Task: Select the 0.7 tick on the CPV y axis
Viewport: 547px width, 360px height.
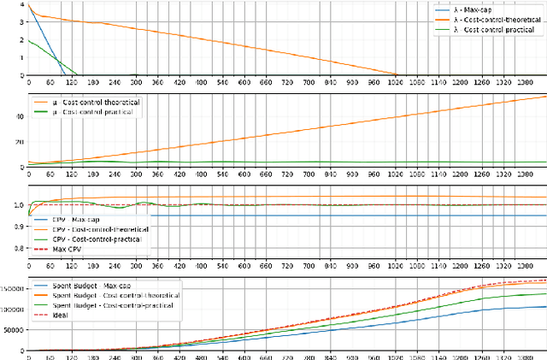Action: pos(19,254)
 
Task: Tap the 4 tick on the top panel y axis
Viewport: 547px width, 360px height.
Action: pos(22,6)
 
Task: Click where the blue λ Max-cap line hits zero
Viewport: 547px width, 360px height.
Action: pos(65,75)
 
